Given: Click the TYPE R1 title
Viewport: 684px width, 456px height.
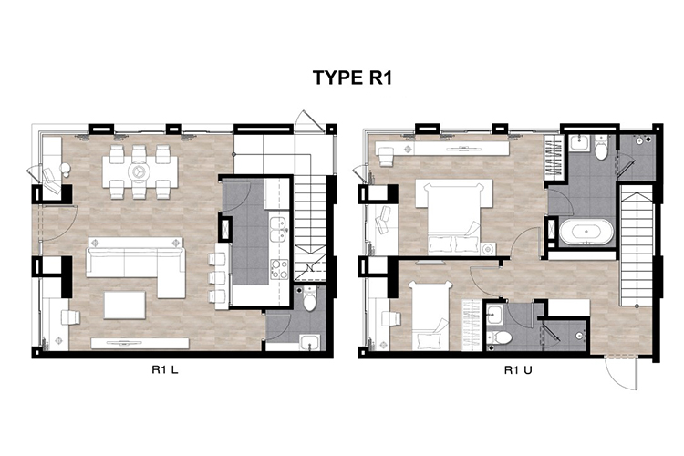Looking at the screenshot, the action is (x=352, y=78).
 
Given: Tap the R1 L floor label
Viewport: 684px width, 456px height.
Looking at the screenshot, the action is (x=165, y=370).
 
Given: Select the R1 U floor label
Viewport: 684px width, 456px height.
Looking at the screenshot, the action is (x=518, y=370).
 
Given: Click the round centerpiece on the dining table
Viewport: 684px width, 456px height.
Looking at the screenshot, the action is (x=140, y=171).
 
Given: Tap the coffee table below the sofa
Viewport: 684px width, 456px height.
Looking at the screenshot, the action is (x=125, y=305).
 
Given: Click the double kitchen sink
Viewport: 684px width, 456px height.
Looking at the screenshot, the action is (x=278, y=228).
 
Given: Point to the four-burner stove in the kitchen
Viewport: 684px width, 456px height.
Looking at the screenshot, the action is (x=279, y=269).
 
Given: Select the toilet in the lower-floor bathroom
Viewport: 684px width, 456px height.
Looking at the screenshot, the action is (x=309, y=298).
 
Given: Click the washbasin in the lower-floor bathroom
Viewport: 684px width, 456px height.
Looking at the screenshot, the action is (x=310, y=342).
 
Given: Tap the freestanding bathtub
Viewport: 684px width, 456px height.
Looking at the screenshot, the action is (x=586, y=232).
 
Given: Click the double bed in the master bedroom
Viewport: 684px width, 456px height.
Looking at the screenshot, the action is (x=453, y=217).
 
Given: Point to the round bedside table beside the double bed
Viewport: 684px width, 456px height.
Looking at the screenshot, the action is (x=488, y=249).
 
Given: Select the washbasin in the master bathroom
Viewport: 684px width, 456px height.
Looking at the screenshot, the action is (x=579, y=142).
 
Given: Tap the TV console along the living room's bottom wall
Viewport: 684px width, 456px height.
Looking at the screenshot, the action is (x=140, y=343).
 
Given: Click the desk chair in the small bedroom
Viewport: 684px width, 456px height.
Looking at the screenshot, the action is (x=390, y=318).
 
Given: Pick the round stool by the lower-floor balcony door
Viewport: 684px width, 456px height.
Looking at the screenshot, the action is (x=66, y=169).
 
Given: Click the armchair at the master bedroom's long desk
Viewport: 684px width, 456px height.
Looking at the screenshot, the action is (x=387, y=157).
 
